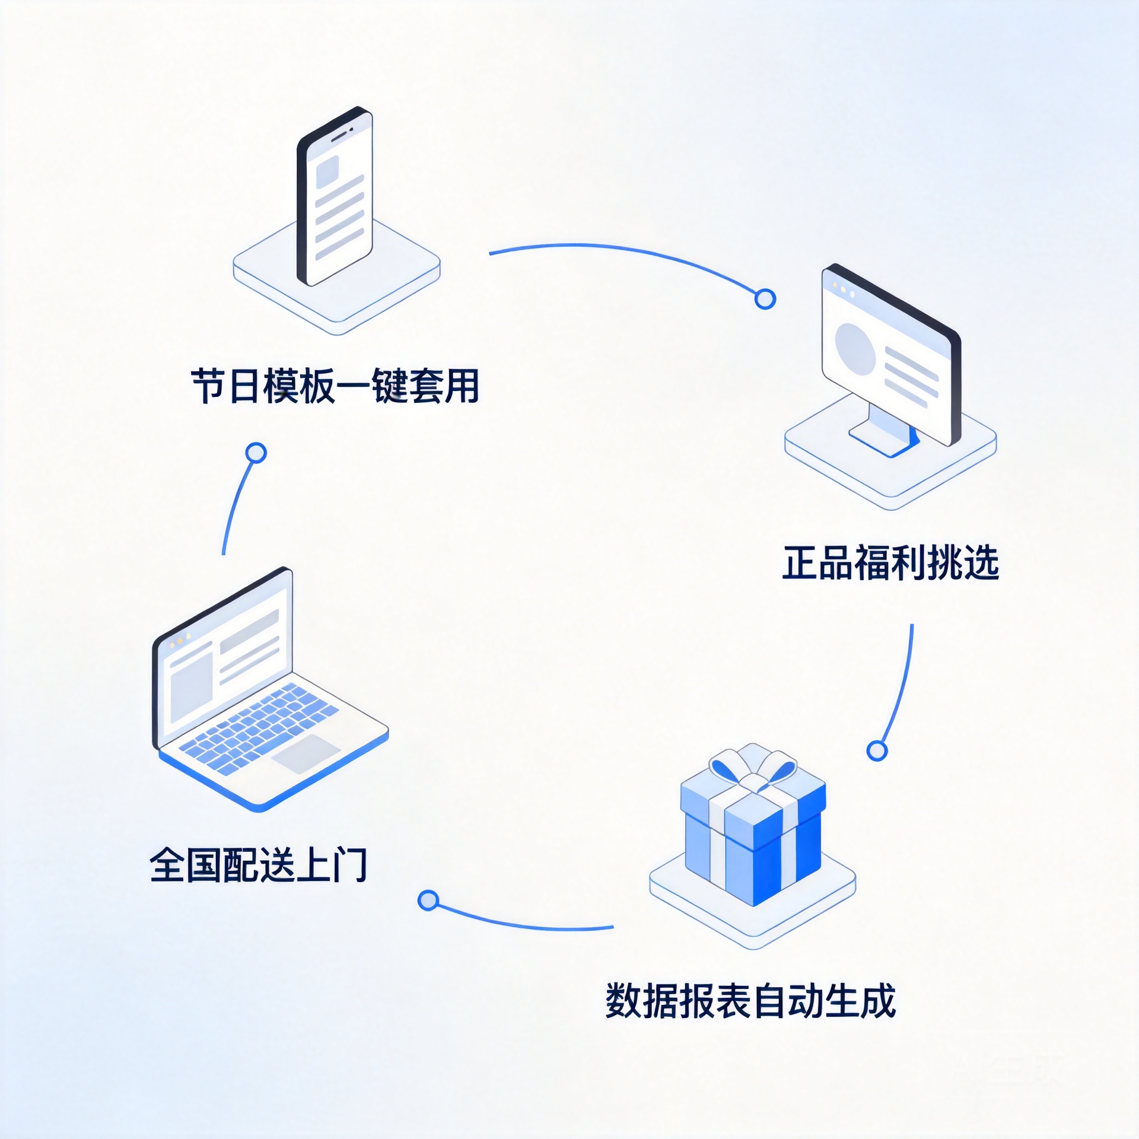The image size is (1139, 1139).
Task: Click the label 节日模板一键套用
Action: (x=335, y=386)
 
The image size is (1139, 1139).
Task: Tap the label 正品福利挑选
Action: (x=890, y=562)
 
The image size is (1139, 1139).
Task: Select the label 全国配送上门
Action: (x=259, y=864)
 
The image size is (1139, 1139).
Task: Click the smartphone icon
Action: (x=335, y=196)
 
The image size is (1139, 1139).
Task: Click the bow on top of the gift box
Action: (x=753, y=769)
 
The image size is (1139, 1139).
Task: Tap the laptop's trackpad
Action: (x=306, y=754)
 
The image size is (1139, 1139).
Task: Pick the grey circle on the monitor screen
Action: (x=855, y=349)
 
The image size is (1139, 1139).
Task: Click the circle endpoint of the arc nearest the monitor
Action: (x=765, y=299)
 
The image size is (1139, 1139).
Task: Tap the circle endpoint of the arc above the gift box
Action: (x=877, y=750)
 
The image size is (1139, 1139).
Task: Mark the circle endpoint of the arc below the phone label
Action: (x=256, y=453)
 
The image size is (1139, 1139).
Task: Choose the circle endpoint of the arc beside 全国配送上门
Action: (x=428, y=900)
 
